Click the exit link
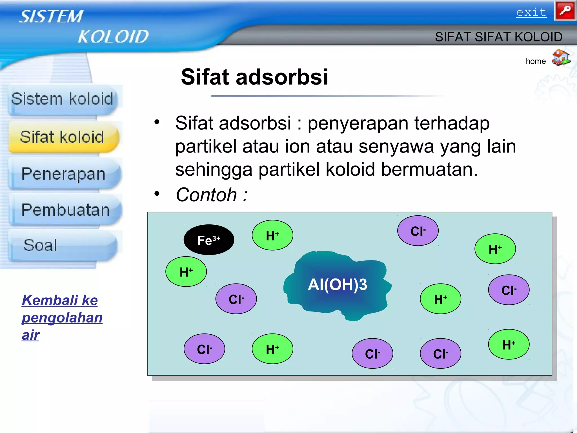click(x=531, y=12)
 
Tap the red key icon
click(x=565, y=11)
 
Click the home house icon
click(x=561, y=58)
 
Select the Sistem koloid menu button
click(x=62, y=99)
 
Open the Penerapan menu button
click(x=64, y=174)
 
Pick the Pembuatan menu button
click(x=65, y=210)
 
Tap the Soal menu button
click(x=41, y=245)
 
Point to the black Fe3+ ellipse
click(x=209, y=240)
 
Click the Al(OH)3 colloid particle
click(x=337, y=285)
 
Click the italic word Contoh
click(x=206, y=195)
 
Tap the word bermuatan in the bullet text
click(x=429, y=169)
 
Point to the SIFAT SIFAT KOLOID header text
click(x=498, y=37)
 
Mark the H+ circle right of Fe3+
click(x=272, y=235)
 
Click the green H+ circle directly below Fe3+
click(x=186, y=272)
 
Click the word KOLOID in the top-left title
click(x=113, y=37)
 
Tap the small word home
click(x=535, y=61)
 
